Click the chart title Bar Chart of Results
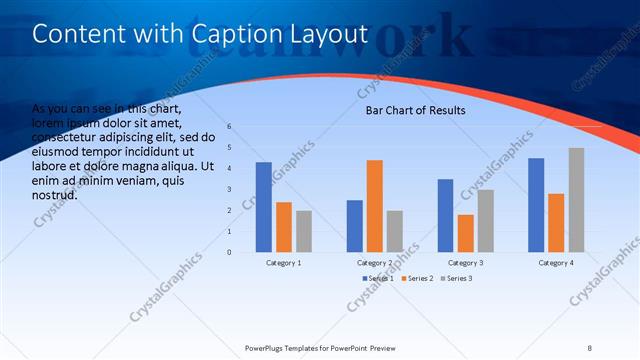tap(414, 111)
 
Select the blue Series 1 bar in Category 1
tap(263, 207)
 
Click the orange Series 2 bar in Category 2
tap(374, 206)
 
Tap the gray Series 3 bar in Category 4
tap(576, 200)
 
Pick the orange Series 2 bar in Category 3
tap(465, 233)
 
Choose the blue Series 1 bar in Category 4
tap(536, 205)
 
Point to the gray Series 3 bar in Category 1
tap(304, 231)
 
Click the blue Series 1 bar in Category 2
tap(354, 226)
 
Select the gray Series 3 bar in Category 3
tap(485, 221)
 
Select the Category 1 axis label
tap(284, 262)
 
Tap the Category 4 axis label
tap(556, 262)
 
